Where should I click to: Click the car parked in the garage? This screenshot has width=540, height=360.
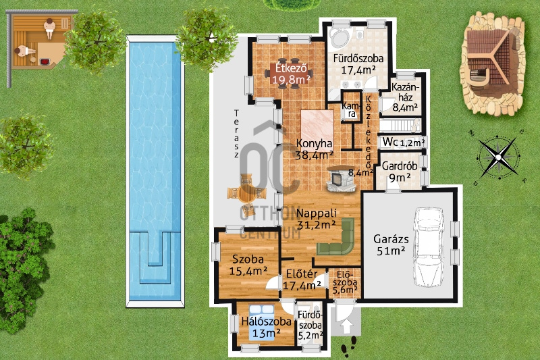point(428,247)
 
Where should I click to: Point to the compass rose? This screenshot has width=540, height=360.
point(498,157)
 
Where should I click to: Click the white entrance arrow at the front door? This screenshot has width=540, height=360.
point(346,327)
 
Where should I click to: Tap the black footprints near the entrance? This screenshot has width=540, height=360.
point(349,346)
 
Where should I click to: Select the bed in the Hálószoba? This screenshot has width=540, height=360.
point(262,322)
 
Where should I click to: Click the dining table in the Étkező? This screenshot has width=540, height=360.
point(289,74)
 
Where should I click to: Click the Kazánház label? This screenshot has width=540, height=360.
point(405,97)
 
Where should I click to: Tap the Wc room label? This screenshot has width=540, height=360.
point(390,142)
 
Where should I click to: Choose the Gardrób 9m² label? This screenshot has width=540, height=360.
point(400,172)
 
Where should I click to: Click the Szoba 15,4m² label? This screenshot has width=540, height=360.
point(248,265)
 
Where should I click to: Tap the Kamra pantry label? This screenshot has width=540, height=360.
point(351,110)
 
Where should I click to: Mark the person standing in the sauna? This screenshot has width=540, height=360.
point(49,28)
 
